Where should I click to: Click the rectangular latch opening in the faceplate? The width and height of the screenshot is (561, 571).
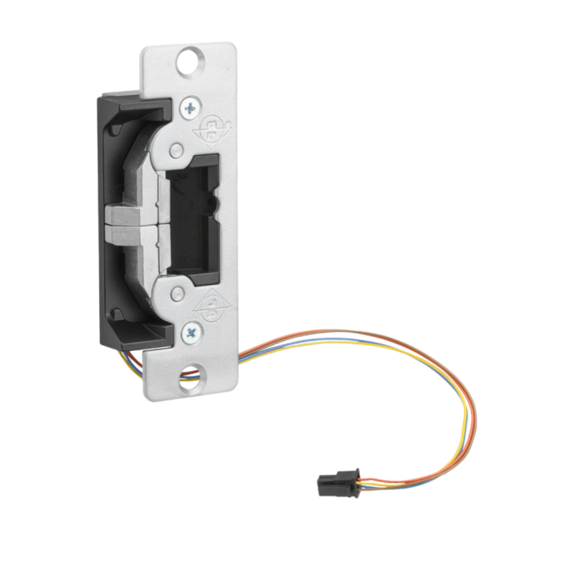[192, 220]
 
